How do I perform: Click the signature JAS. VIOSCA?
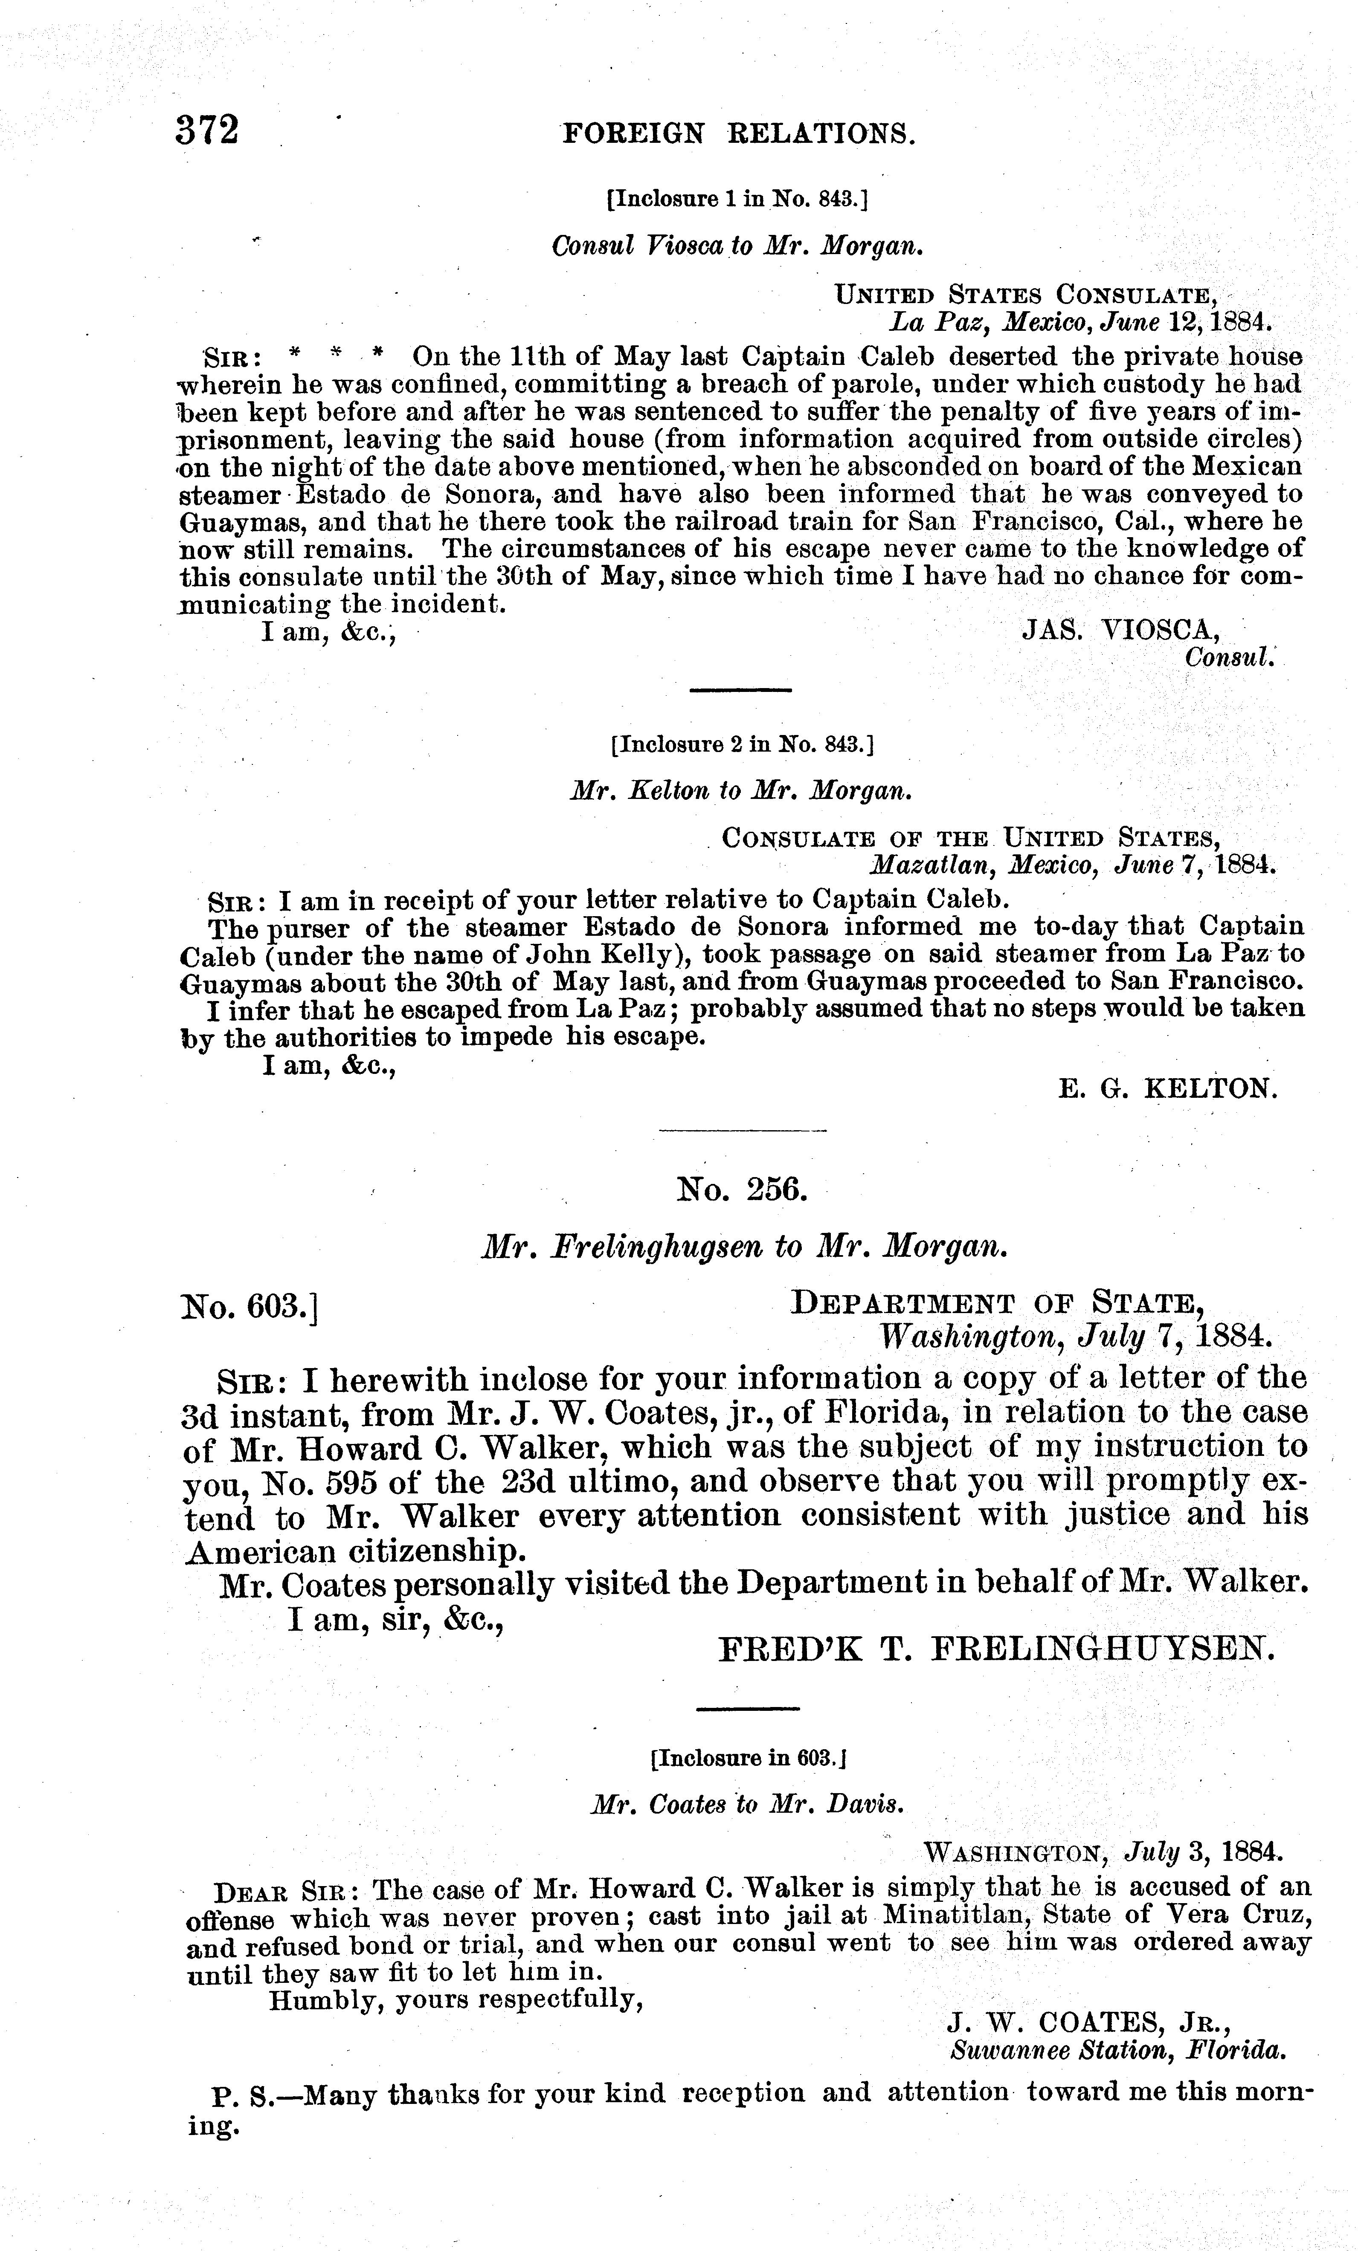(1120, 629)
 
